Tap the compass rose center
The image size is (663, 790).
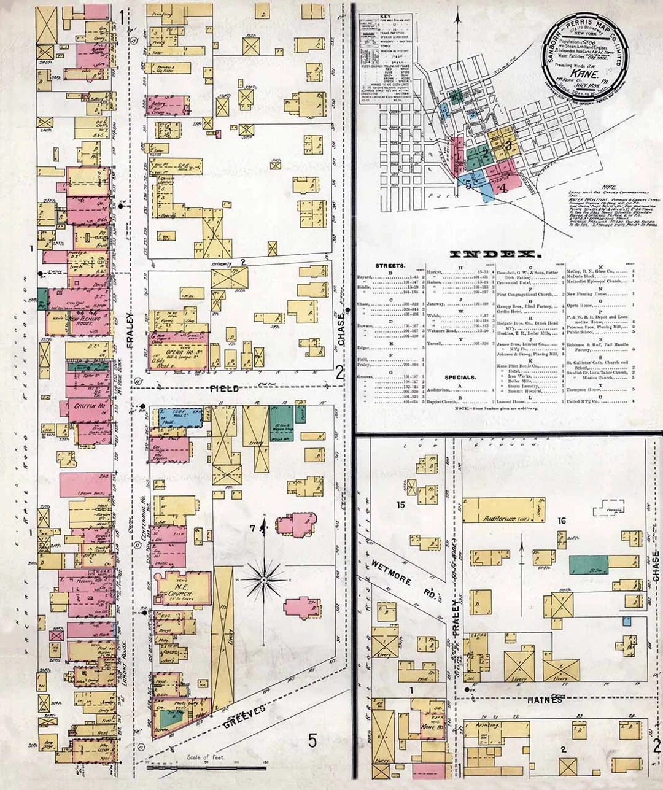263,579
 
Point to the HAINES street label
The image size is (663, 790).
545,699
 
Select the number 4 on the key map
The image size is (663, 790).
503,187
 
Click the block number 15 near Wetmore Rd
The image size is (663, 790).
401,505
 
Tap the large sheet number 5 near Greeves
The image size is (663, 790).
312,741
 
